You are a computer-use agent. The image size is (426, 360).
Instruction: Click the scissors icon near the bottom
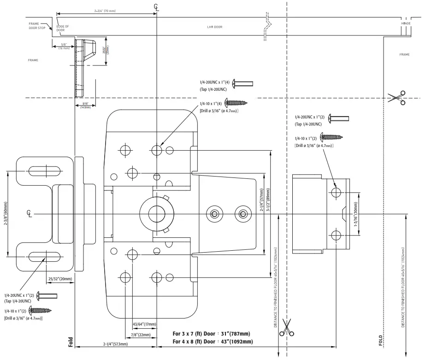(x=287, y=328)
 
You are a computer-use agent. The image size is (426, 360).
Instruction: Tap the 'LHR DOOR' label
(x=214, y=27)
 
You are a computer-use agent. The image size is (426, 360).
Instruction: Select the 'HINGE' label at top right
(x=406, y=23)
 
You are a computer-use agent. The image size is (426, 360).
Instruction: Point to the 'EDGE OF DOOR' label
(x=62, y=28)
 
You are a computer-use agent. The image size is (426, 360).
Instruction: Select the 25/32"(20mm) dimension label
(x=60, y=279)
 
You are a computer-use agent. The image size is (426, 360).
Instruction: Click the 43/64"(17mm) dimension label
(x=144, y=324)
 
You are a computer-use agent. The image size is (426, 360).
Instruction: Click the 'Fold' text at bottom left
(x=71, y=341)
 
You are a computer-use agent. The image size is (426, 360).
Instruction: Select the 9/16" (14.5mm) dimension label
(x=85, y=106)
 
